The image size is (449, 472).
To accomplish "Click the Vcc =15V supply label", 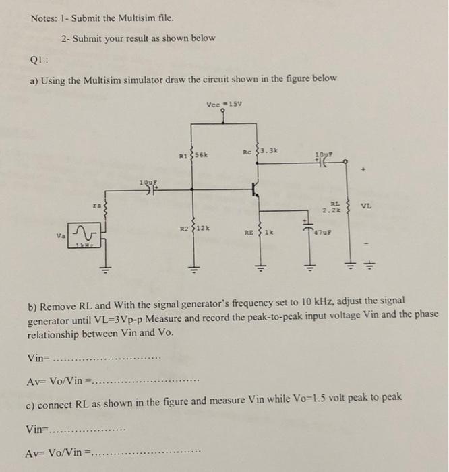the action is tap(225, 104).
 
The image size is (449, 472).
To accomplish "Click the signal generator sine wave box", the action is tap(84, 235).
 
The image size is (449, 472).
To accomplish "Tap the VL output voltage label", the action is tap(367, 206).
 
